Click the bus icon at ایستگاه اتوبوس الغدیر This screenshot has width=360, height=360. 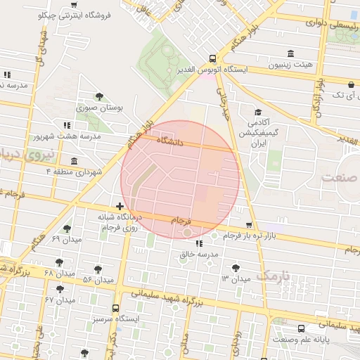click(x=212, y=59)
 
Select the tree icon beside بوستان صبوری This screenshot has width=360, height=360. click(x=98, y=96)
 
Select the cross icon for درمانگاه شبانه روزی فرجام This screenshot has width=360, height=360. click(x=120, y=207)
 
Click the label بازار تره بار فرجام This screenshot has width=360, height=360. click(x=252, y=234)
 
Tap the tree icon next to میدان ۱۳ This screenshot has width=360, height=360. click(x=235, y=266)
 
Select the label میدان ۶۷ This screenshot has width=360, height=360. click(x=60, y=300)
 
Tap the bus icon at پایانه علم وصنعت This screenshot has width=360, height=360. click(x=302, y=328)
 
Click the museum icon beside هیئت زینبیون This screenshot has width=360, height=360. click(x=291, y=54)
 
